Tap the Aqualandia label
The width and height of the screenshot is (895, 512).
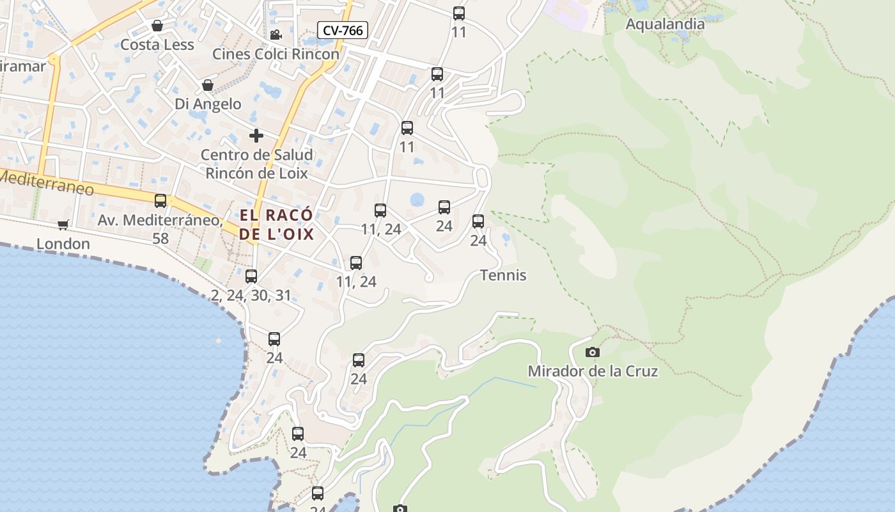pos(665,24)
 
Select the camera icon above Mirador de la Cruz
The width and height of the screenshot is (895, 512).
pos(593,352)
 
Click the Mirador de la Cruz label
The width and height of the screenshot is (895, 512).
pos(593,371)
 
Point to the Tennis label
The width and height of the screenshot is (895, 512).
pos(503,275)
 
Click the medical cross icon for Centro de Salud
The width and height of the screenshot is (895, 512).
pos(256,136)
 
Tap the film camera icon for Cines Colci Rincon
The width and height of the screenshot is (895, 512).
pos(276,35)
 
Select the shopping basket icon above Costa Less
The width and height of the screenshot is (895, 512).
pos(157,26)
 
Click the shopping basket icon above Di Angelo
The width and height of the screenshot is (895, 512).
pos(208,85)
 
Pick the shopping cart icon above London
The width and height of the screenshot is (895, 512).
pos(63,225)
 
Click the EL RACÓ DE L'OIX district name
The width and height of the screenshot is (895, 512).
pos(277,225)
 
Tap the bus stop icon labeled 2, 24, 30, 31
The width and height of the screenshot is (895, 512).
pos(251,276)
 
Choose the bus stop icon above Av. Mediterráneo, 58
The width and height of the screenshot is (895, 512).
pos(160,201)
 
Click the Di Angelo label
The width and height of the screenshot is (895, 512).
pos(208,104)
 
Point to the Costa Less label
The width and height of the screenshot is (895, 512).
pos(157,45)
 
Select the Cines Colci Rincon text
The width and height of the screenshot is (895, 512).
pos(276,54)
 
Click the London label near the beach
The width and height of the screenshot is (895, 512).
pos(63,244)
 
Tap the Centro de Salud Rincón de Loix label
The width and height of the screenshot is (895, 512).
pos(256,164)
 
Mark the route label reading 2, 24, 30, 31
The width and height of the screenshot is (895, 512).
pos(251,295)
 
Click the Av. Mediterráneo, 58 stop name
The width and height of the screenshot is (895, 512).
pos(160,228)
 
